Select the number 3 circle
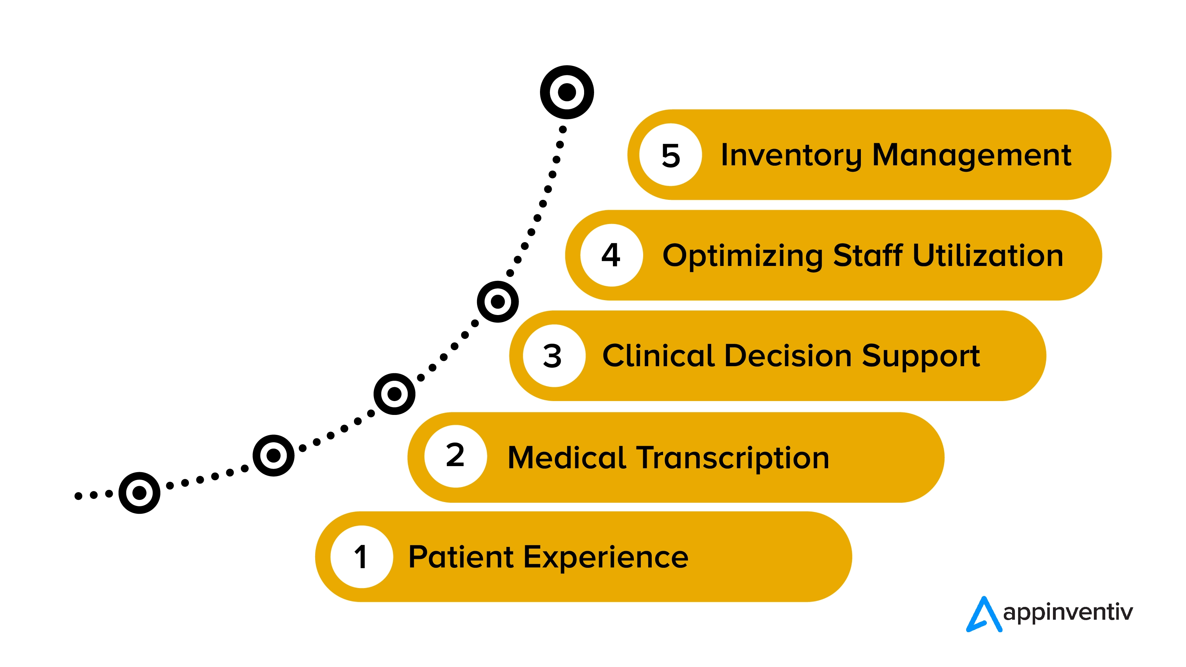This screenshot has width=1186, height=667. coord(554,356)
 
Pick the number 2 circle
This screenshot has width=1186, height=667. coord(455,456)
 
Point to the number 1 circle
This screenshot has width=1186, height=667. coord(362,557)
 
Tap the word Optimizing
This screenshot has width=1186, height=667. coord(742,256)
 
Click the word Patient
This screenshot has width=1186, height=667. coord(460,557)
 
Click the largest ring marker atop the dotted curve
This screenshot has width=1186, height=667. coord(567,92)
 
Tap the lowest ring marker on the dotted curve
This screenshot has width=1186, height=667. coord(139,493)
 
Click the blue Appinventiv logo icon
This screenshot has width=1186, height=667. coord(984,614)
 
